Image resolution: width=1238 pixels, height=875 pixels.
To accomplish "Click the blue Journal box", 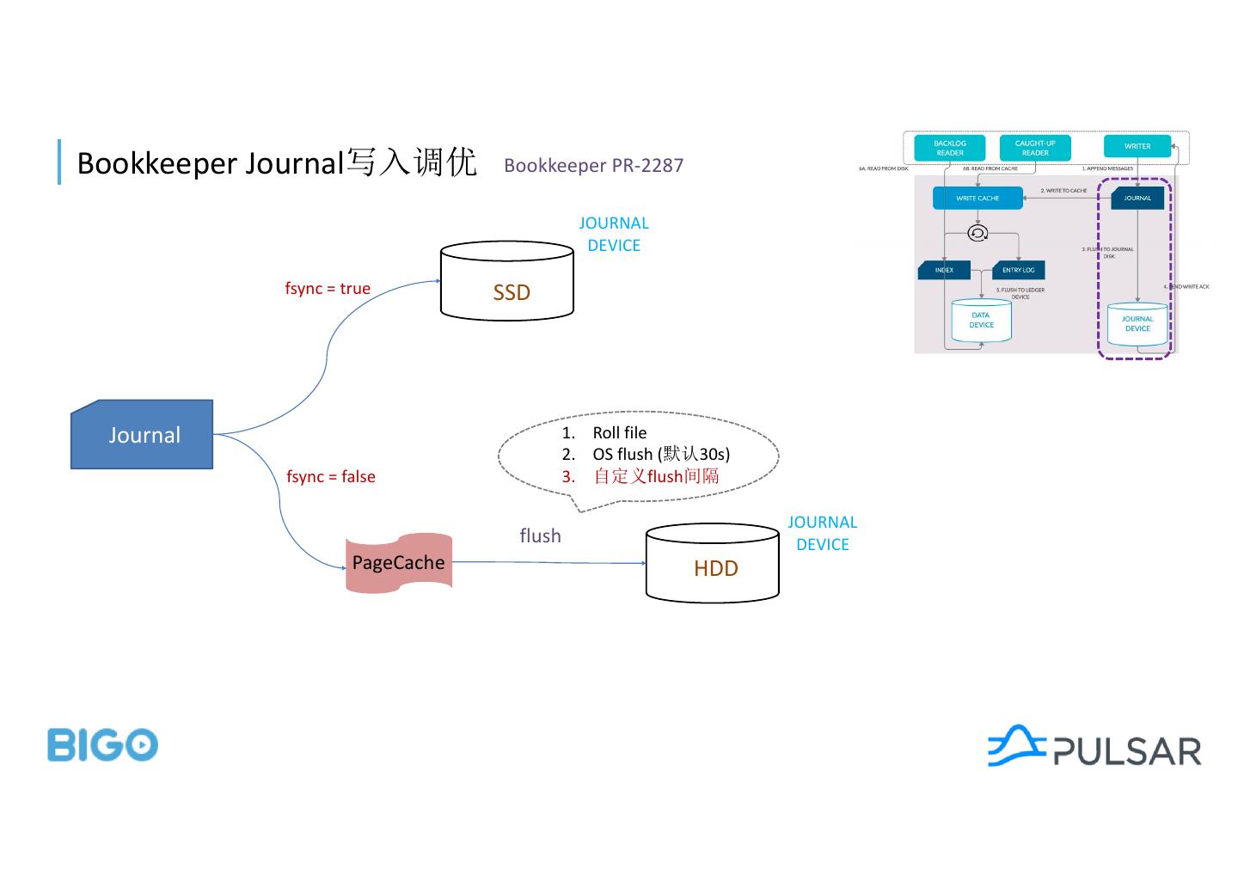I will point(142,435).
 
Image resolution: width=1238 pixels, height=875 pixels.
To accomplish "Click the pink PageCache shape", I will point(399,563).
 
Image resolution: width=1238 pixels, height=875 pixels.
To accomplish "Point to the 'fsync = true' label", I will point(328,289).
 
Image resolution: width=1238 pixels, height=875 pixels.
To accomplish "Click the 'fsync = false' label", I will point(331,477).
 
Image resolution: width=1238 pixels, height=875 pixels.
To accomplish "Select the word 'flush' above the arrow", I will point(540,536).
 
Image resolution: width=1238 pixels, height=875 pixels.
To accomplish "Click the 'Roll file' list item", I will point(619,433).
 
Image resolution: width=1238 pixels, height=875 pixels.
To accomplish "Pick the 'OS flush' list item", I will point(660,455).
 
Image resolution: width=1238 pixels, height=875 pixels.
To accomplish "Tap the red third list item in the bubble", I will point(655,476).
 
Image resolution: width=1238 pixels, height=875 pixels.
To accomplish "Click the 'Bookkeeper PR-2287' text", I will point(593,166).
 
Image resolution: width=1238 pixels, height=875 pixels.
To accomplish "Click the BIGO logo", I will point(102,744).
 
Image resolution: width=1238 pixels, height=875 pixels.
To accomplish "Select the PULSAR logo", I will point(1094,747).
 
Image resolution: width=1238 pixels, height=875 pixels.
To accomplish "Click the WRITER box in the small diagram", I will point(1137,146).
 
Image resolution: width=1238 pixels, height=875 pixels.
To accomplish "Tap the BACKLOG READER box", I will point(949,148).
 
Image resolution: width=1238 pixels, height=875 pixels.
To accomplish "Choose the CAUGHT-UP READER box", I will point(1035,148).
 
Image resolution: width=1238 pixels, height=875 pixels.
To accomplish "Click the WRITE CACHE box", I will point(978,199).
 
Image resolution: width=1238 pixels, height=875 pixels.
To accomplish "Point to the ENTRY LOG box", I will point(1018,270).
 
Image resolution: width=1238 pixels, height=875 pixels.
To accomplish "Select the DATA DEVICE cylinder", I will point(981,321).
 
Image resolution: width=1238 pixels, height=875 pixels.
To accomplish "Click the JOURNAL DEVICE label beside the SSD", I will point(613,234).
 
